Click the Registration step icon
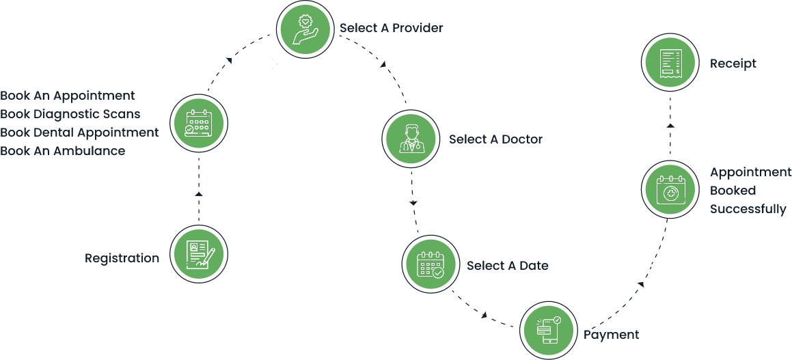pos(198,254)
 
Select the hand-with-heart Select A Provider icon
pos(305,29)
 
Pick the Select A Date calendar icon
pos(430,265)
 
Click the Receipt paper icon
pos(669,64)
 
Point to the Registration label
pos(122,258)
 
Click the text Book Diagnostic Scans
pos(70,114)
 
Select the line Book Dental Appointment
pos(79,133)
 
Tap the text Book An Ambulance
pos(63,151)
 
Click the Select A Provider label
pos(392,29)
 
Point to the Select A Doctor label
pos(495,139)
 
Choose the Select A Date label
pos(507,265)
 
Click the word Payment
pos(611,335)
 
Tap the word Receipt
pos(733,64)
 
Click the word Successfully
pos(748,209)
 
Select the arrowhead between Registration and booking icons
pos(199,195)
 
